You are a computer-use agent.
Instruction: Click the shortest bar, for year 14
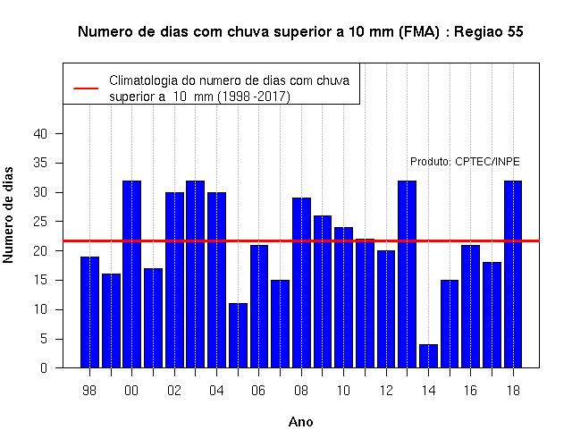tap(428, 356)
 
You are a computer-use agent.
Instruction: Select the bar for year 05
tap(238, 335)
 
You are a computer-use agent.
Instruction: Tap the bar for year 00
tap(131, 274)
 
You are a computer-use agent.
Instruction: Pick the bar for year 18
tap(513, 274)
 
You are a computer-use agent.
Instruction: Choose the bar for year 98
tap(89, 312)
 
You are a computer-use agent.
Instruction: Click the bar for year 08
tap(301, 283)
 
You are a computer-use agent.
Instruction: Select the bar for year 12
tap(386, 309)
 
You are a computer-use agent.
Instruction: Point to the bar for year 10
tap(343, 298)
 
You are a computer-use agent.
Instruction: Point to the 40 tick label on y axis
tap(40, 134)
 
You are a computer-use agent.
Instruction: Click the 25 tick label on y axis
tap(40, 222)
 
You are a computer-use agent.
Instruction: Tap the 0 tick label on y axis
tap(44, 367)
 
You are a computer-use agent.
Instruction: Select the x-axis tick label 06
tap(258, 391)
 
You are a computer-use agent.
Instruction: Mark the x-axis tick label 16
tap(470, 391)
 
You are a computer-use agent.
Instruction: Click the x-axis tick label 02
tap(174, 391)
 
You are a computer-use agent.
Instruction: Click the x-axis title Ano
tap(301, 422)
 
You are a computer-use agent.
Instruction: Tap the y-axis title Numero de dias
tap(8, 215)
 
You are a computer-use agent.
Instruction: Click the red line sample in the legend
tap(86, 89)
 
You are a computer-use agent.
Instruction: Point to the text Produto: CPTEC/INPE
tap(465, 162)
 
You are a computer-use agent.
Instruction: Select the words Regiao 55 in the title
tap(489, 32)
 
